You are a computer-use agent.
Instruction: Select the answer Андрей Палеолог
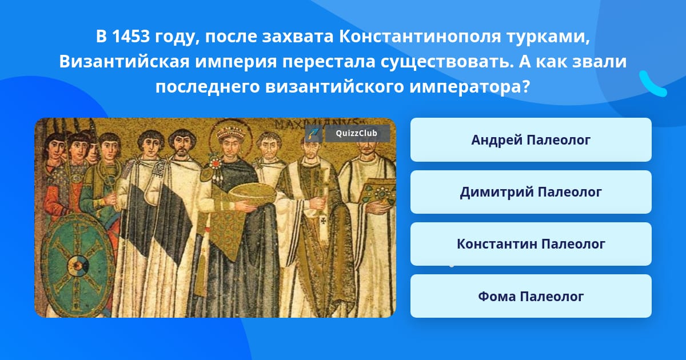(531, 140)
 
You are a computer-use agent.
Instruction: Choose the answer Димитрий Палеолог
(531, 192)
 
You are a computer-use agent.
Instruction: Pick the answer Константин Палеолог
(531, 244)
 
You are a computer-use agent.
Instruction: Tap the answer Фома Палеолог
(531, 296)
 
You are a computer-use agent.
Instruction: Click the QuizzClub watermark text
(356, 133)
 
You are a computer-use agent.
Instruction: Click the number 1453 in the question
(131, 37)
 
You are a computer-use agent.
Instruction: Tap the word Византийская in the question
(125, 62)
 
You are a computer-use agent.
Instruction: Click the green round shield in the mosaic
(78, 265)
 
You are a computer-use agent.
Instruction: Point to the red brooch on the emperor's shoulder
(216, 164)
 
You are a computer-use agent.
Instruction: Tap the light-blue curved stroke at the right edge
(653, 83)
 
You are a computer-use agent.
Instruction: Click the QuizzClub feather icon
(314, 134)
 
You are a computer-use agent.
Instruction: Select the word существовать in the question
(447, 62)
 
